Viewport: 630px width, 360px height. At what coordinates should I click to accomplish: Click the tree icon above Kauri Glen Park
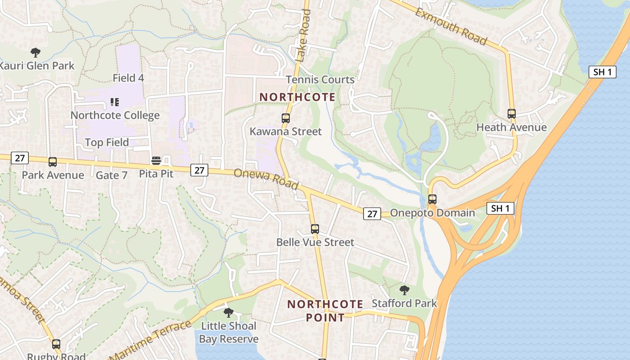(36, 53)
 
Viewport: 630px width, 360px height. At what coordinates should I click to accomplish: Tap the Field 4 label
(128, 78)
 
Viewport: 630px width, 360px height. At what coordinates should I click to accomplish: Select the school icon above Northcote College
(115, 103)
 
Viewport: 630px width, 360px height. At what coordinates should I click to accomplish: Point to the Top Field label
(107, 143)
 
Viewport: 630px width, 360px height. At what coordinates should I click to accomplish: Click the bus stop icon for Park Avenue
(53, 162)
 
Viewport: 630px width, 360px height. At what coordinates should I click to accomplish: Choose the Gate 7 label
(112, 175)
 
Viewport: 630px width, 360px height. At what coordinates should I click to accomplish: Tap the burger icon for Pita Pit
(156, 161)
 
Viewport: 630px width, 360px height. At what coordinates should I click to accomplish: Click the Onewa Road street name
(266, 179)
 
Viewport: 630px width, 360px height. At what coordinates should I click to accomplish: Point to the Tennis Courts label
(320, 80)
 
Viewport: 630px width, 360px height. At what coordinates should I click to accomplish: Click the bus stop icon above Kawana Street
(286, 118)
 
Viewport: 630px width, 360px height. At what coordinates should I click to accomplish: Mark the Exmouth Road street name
(451, 27)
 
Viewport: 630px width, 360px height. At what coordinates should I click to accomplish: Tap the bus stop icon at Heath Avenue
(512, 114)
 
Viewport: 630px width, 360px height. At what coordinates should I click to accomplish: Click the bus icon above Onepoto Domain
(432, 199)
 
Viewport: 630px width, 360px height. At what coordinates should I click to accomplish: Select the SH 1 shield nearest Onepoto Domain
(500, 208)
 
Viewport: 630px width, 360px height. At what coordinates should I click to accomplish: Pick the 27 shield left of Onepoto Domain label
(372, 214)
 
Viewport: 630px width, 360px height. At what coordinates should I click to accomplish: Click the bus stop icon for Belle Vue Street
(315, 229)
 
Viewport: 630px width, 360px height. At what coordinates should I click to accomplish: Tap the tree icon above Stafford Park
(405, 290)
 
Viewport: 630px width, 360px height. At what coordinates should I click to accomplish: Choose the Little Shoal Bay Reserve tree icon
(229, 312)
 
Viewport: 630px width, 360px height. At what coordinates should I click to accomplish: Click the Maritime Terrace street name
(151, 341)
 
